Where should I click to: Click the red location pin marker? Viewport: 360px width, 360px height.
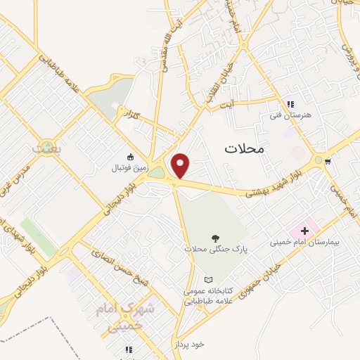(181, 166)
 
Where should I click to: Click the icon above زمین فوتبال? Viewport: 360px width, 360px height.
(129, 157)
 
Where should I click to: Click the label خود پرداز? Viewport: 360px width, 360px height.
(188, 345)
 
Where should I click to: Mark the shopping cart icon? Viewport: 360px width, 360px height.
(328, 160)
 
